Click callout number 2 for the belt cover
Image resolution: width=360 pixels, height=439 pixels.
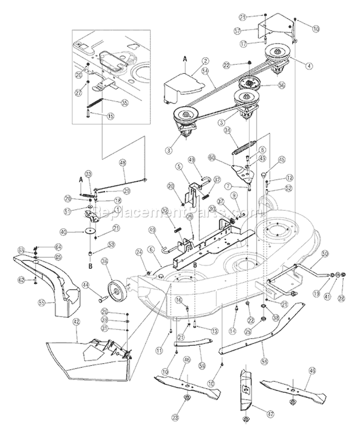[x=205, y=61]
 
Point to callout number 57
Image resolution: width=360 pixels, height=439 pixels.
[x=250, y=30]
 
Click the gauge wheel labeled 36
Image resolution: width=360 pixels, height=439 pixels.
[x=114, y=289]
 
